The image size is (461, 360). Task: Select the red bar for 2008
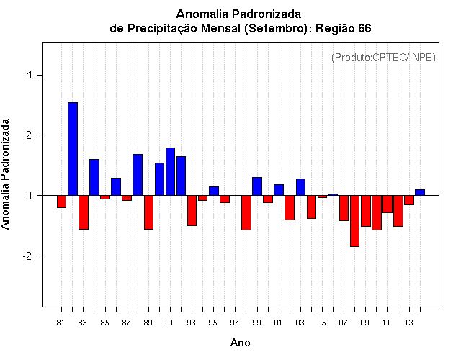[354, 221]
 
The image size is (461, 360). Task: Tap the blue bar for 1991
[170, 171]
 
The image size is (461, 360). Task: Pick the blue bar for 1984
[94, 177]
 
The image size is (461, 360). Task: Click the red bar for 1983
[84, 212]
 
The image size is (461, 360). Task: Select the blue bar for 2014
[420, 192]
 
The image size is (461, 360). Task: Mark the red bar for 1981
[62, 202]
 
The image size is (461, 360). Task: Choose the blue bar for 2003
[300, 187]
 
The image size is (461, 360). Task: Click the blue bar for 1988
[138, 175]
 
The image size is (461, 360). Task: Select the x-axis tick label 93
[191, 323]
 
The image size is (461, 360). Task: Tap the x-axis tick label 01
[278, 323]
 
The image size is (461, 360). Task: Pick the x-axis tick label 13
[408, 323]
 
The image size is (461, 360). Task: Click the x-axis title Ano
[241, 343]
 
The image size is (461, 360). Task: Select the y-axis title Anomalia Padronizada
[6, 175]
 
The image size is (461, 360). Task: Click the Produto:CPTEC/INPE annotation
[383, 57]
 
